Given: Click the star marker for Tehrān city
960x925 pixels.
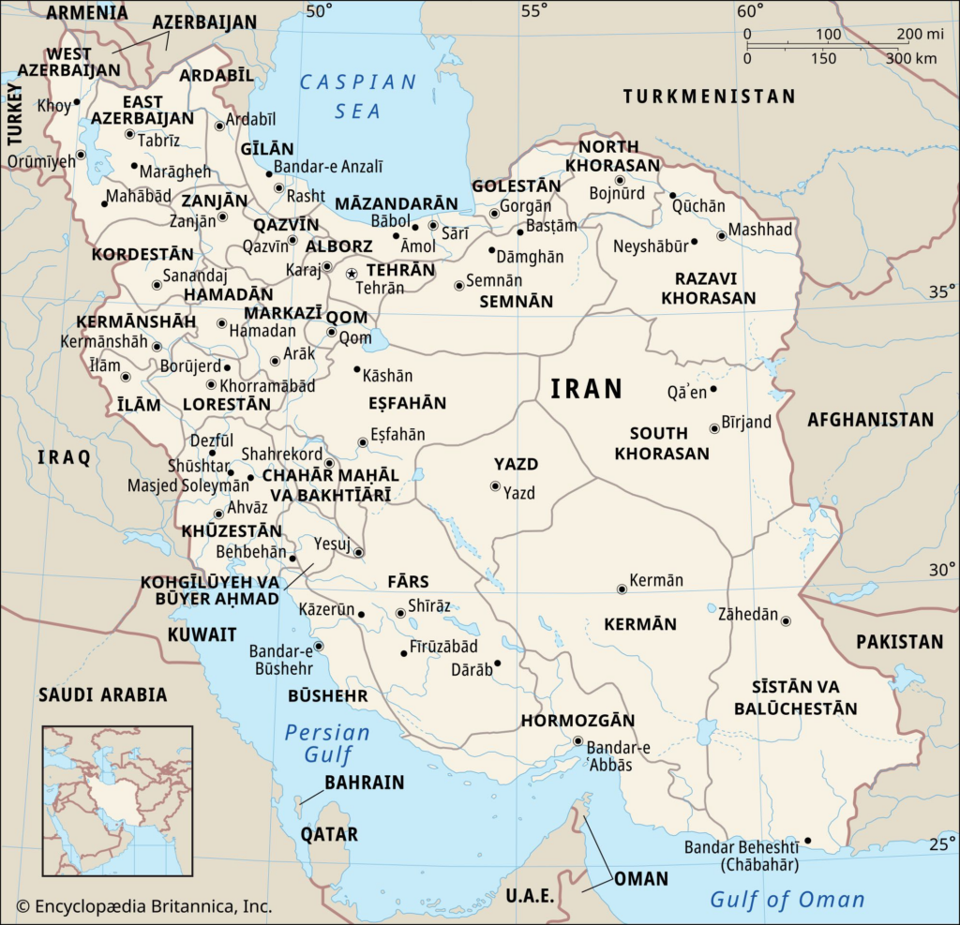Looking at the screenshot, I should pyautogui.click(x=352, y=274).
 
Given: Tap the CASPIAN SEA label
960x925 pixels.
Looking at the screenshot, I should pyautogui.click(x=358, y=97).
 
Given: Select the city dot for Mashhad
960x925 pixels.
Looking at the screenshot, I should pyautogui.click(x=721, y=235).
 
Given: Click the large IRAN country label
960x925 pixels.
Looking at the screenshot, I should pyautogui.click(x=587, y=389).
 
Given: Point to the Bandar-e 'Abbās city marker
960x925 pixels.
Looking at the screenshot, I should pyautogui.click(x=577, y=741).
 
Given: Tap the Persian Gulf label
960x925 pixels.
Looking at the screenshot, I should pyautogui.click(x=327, y=743).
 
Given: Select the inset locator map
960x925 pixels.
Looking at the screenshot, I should pyautogui.click(x=117, y=799).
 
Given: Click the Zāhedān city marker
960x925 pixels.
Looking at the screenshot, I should pyautogui.click(x=786, y=620).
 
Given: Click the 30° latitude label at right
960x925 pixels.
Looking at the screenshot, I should pyautogui.click(x=940, y=569).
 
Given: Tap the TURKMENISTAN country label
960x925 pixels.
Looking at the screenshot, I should pyautogui.click(x=710, y=96).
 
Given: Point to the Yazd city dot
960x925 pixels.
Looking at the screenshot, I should pyautogui.click(x=495, y=485).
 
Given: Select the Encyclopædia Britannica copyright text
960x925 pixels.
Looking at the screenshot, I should pyautogui.click(x=144, y=906).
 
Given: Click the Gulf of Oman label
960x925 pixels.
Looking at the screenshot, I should pyautogui.click(x=787, y=900).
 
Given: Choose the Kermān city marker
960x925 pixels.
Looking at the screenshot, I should pyautogui.click(x=621, y=589).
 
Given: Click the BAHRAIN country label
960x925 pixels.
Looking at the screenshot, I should pyautogui.click(x=364, y=782).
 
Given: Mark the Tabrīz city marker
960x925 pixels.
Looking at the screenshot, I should pyautogui.click(x=129, y=134).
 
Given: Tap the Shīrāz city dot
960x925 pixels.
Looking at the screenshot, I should pyautogui.click(x=400, y=613).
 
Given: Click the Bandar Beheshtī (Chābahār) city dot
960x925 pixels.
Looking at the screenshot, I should pyautogui.click(x=807, y=841).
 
